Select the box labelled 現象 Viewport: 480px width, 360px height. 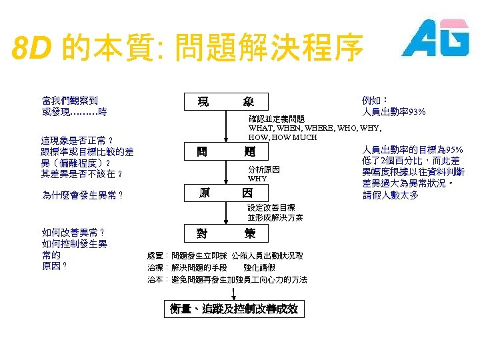coord(227,102)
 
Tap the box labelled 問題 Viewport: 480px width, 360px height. coord(227,152)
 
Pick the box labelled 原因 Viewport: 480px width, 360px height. coord(227,193)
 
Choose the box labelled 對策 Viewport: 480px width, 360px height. coord(227,233)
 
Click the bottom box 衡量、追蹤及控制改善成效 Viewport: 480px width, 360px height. coord(233,309)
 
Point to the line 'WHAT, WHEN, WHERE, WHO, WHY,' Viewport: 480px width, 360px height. coord(315,127)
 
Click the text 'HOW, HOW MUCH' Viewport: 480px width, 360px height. coord(283,137)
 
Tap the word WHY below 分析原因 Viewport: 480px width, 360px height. coord(257,179)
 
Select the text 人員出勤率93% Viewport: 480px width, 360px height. coord(394,111)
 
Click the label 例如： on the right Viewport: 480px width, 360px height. coord(375,101)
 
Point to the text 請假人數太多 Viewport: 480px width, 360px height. coord(391,195)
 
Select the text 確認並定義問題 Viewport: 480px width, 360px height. coord(277,119)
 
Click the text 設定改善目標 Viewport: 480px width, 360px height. coord(271,208)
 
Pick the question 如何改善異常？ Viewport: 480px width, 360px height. coord(73,233)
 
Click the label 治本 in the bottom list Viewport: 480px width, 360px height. coord(155,280)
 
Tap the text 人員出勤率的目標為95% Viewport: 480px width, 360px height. coord(412,149)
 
